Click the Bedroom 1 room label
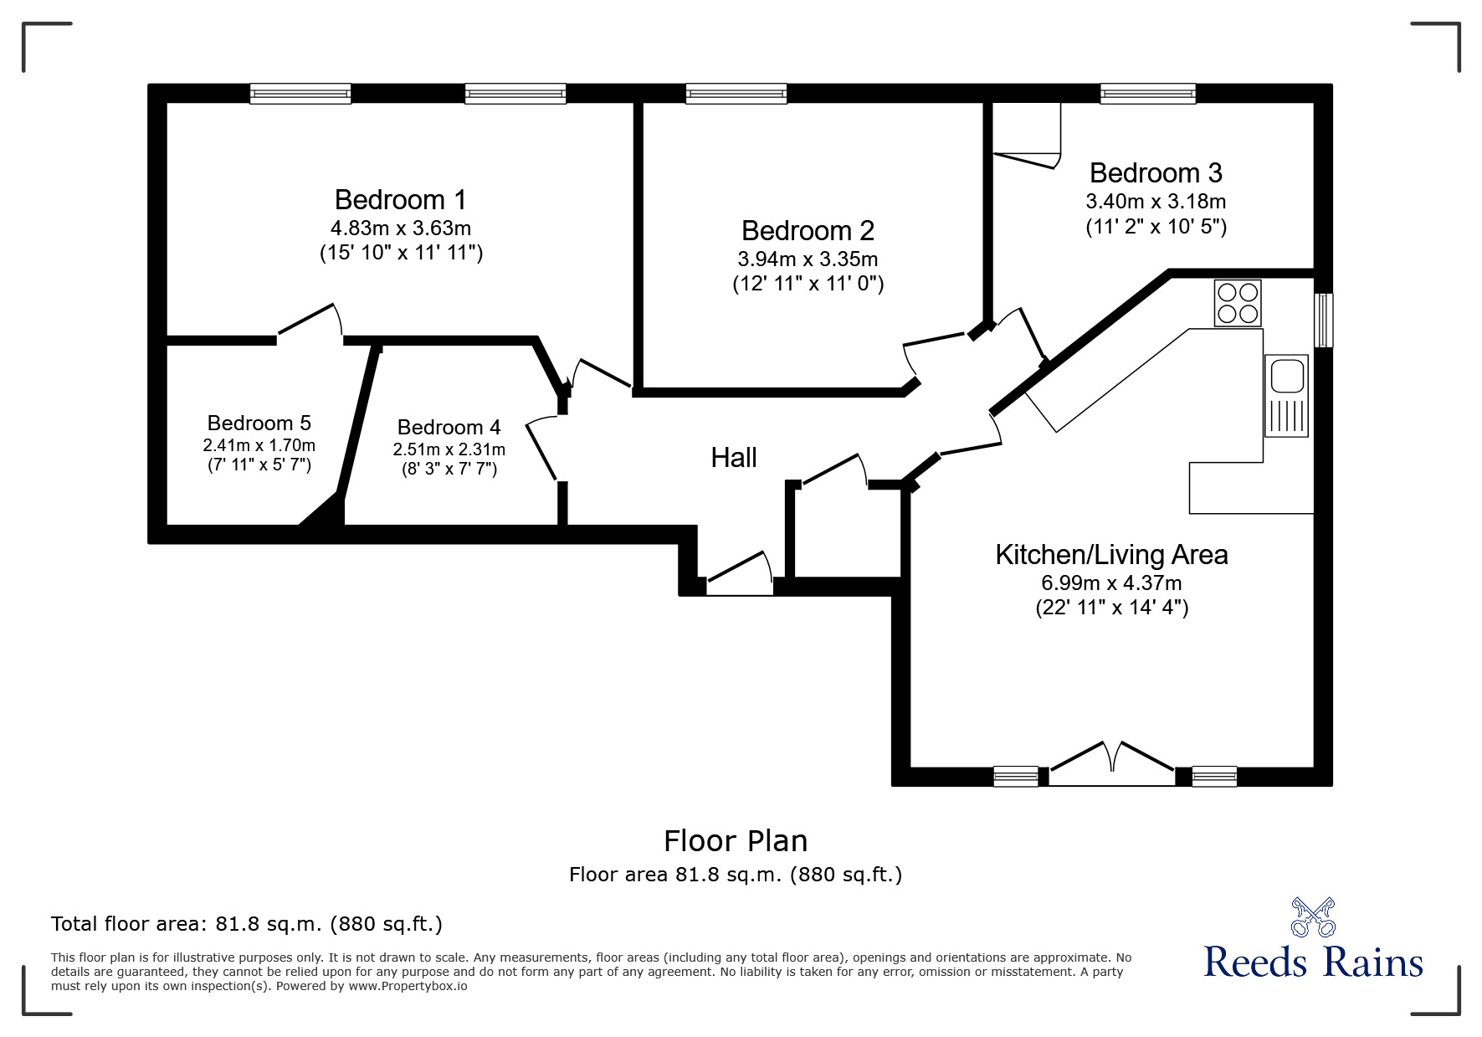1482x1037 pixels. (400, 200)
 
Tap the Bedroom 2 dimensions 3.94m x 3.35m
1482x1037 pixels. (808, 259)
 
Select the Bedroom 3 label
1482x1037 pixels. (1156, 173)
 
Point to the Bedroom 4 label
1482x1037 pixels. (449, 428)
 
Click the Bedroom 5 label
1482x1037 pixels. (259, 423)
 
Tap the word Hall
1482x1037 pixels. (734, 458)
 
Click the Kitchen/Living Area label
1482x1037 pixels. (1111, 555)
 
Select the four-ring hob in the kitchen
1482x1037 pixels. (1238, 303)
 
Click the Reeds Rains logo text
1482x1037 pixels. (1312, 963)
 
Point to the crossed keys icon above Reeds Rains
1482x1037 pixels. (1312, 917)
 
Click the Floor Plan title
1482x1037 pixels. (736, 840)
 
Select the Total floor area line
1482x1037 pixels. (247, 924)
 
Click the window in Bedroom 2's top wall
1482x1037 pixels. (736, 94)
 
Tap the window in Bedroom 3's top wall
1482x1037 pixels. (1147, 94)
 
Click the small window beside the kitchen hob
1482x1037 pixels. (1323, 320)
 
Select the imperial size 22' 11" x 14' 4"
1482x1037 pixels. (1111, 608)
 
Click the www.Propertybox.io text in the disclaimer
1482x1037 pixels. (408, 986)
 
